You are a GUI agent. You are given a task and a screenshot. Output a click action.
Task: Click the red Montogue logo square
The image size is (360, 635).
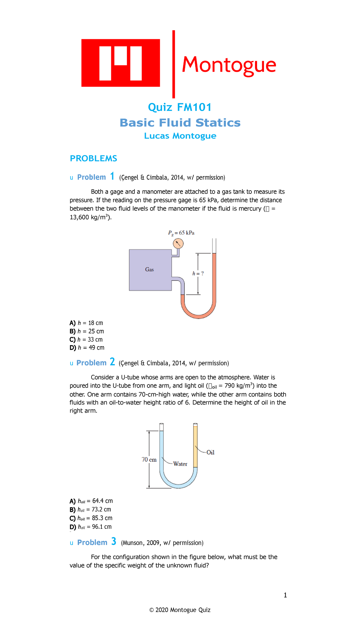[120, 63]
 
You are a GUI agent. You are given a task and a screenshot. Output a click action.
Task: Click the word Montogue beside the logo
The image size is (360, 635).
[229, 65]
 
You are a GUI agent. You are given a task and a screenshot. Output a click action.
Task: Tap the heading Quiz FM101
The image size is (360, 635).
[180, 107]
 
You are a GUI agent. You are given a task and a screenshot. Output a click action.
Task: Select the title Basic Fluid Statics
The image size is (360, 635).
[180, 123]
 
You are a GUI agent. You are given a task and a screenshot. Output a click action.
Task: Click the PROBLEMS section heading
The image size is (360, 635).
[93, 158]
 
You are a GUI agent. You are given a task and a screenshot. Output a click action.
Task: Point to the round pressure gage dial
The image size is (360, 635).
[178, 243]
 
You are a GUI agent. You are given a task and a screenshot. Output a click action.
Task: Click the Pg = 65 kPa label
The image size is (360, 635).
[181, 233]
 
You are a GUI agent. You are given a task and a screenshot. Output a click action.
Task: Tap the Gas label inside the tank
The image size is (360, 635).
[149, 269]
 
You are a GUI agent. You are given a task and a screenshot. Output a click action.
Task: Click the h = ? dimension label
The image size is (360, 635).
[198, 273]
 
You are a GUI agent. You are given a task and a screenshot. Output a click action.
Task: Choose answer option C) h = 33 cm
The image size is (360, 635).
[86, 339]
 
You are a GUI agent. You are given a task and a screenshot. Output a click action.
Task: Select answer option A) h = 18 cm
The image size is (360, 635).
[86, 323]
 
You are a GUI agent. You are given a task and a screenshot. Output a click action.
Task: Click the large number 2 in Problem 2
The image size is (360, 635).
[112, 362]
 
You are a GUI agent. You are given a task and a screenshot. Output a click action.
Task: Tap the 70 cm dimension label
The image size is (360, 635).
[149, 459]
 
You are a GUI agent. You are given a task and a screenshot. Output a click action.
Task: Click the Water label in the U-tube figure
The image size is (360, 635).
[180, 464]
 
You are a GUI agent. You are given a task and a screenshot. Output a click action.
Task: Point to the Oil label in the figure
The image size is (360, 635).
[210, 452]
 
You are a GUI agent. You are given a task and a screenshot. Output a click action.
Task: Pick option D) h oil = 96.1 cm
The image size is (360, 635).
[91, 527]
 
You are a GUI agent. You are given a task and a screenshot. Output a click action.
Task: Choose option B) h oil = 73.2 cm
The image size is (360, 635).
[91, 510]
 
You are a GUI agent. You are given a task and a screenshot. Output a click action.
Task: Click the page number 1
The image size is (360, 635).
[285, 595]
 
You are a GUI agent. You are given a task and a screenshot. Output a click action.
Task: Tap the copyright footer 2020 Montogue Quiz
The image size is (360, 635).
[180, 610]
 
